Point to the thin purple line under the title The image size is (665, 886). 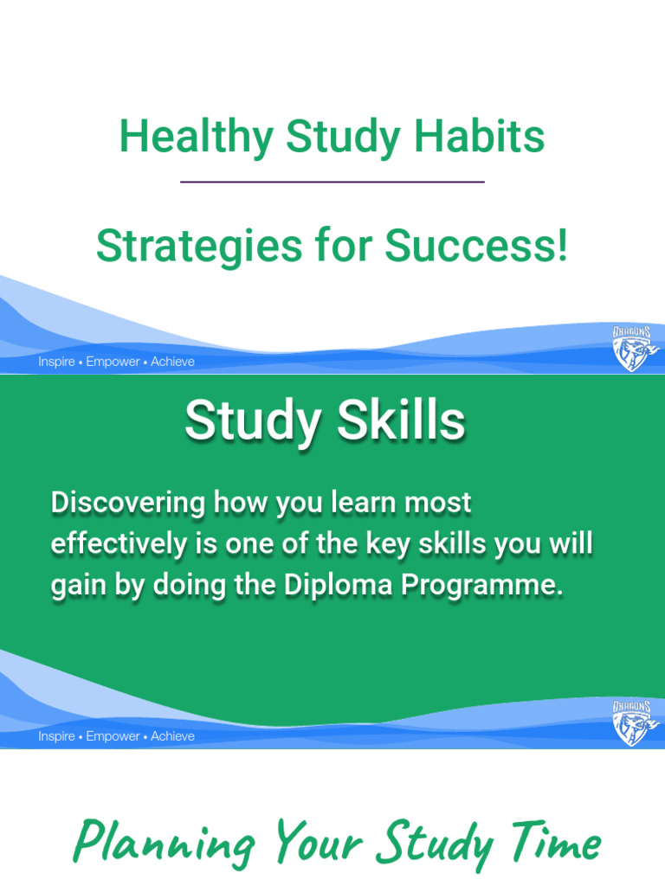[x=332, y=182]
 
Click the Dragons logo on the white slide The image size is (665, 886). [x=634, y=348]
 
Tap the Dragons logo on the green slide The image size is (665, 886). [x=634, y=722]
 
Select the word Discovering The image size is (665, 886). [x=127, y=502]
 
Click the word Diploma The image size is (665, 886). [x=343, y=585]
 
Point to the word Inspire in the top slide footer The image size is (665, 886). [x=56, y=362]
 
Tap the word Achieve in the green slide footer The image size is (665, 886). [x=172, y=736]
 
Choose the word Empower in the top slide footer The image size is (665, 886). [x=113, y=362]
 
